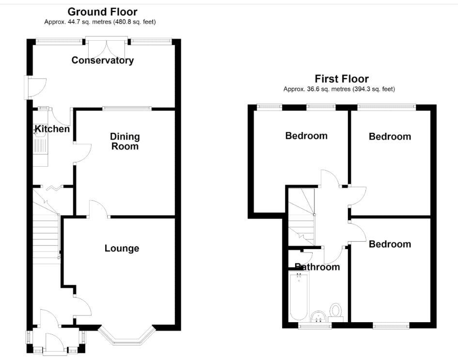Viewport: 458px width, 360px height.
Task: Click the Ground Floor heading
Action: point(102,12)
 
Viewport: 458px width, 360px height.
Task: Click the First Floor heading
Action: point(342,79)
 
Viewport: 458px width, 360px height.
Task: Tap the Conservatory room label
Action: point(103,61)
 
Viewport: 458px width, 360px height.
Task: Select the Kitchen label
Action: point(52,129)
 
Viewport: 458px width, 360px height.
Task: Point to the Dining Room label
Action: point(125,141)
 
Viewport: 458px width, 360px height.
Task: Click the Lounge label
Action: point(122,249)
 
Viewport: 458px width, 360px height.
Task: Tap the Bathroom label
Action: point(317,266)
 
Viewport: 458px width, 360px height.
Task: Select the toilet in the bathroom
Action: point(335,311)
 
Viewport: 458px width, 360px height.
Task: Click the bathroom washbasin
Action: point(318,317)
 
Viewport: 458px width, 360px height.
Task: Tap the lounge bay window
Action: point(126,337)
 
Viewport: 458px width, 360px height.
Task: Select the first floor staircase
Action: point(302,217)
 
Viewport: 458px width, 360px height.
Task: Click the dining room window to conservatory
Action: point(127,109)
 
